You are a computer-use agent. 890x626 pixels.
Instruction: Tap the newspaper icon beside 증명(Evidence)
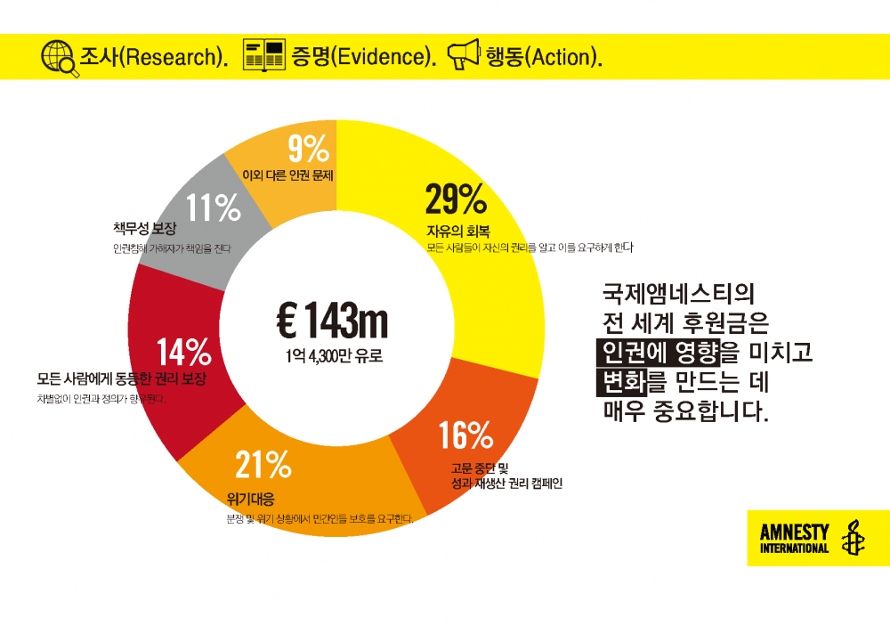click(263, 56)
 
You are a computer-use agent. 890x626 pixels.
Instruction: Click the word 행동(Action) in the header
click(543, 57)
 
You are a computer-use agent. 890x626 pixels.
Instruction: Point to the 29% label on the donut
click(455, 199)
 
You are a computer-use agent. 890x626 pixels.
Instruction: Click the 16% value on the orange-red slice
click(465, 435)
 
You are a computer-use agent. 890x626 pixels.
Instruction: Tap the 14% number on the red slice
click(183, 353)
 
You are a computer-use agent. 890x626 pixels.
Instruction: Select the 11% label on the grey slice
click(214, 209)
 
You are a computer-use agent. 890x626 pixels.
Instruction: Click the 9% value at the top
click(309, 148)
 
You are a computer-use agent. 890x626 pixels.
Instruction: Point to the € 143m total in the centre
click(332, 321)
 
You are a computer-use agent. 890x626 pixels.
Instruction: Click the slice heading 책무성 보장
click(145, 229)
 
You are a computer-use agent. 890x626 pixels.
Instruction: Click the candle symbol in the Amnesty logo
click(852, 537)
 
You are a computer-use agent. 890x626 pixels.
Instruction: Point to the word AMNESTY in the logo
click(794, 533)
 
